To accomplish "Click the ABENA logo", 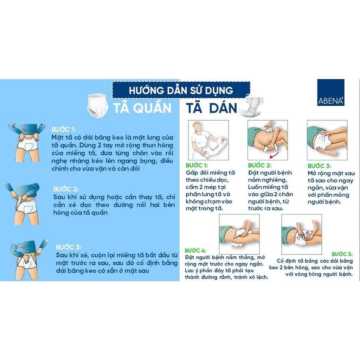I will pyautogui.click(x=330, y=92).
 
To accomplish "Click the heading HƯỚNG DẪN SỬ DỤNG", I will pyautogui.click(x=181, y=90).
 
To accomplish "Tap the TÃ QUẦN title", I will pyautogui.click(x=142, y=108).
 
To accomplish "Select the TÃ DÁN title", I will pyautogui.click(x=211, y=108).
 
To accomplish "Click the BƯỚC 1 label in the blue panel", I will pyautogui.click(x=64, y=129).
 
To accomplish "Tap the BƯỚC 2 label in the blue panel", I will pyautogui.click(x=66, y=189).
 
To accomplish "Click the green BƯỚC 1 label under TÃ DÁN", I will pyautogui.click(x=197, y=165).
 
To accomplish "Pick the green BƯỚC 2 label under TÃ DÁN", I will pyautogui.click(x=259, y=165).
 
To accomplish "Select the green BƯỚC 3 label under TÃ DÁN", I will pyautogui.click(x=319, y=166).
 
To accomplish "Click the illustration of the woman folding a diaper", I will pyautogui.click(x=208, y=140).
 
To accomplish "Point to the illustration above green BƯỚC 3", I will pyautogui.click(x=327, y=140).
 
